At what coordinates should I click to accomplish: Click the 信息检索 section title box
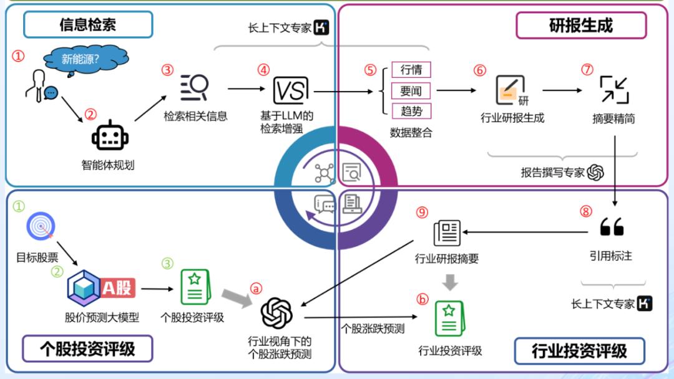(88, 25)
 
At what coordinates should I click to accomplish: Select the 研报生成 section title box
(581, 26)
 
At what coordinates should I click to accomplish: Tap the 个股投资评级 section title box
(87, 348)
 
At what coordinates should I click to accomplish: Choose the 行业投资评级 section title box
(579, 351)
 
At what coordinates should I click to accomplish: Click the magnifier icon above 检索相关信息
(195, 88)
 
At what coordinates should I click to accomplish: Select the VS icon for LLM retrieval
(291, 91)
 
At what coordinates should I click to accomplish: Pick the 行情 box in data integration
(411, 69)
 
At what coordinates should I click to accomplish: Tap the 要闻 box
(411, 90)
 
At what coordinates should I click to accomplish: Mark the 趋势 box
(411, 111)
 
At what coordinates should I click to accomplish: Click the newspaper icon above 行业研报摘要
(447, 233)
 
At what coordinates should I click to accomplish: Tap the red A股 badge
(117, 288)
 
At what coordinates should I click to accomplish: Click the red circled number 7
(587, 70)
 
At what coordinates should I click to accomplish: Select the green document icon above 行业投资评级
(449, 318)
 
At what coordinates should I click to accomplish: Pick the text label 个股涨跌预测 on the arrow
(373, 328)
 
